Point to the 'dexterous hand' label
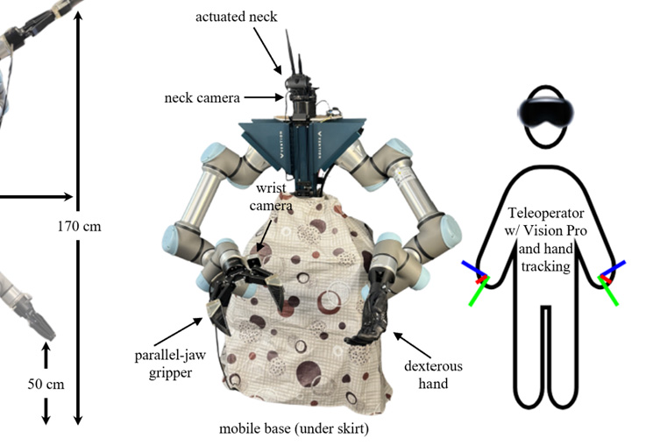(433, 374)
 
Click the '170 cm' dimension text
(79, 226)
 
